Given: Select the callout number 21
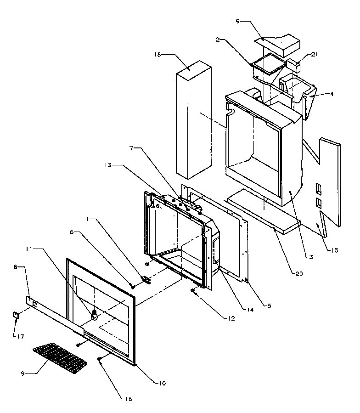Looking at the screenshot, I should (314, 55).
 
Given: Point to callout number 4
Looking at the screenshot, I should (332, 94).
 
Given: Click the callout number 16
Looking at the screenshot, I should (129, 399).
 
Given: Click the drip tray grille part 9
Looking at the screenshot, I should (60, 356).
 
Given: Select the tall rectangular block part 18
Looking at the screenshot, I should (193, 119).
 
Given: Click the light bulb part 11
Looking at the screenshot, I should (95, 316).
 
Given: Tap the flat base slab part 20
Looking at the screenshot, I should (262, 211).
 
